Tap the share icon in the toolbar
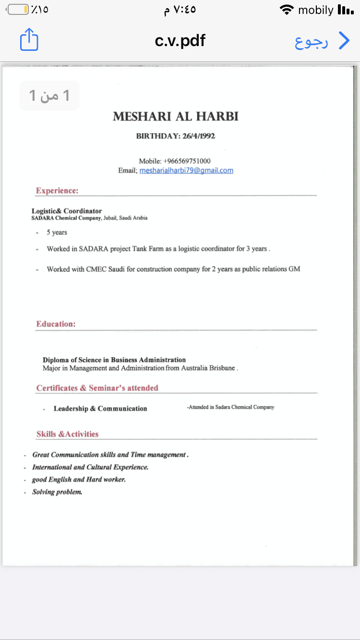click(x=29, y=40)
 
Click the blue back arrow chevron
click(x=344, y=41)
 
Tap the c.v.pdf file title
click(x=180, y=41)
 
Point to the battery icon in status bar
click(x=18, y=10)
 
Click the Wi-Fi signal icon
click(x=287, y=10)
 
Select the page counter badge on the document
click(x=49, y=95)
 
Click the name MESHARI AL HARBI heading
click(x=176, y=117)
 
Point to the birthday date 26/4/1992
click(x=199, y=136)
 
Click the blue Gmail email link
click(x=186, y=170)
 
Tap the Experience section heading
click(x=57, y=191)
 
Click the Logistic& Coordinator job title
click(x=67, y=211)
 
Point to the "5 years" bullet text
click(x=57, y=233)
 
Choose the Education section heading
click(x=56, y=324)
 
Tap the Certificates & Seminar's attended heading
click(x=97, y=388)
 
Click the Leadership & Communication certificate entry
click(x=100, y=409)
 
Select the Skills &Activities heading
click(x=68, y=434)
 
